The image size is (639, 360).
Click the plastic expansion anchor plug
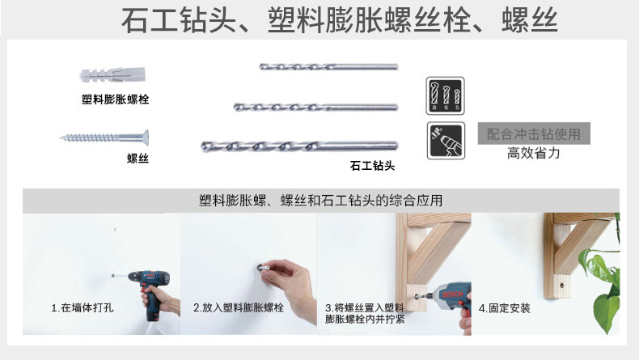pos(112,75)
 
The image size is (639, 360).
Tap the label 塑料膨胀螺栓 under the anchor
pos(116,99)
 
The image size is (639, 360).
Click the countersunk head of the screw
pos(145,138)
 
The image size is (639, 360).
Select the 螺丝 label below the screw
pos(138,159)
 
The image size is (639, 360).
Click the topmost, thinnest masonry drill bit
pos(328,66)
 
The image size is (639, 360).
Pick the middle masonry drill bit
pos(315,108)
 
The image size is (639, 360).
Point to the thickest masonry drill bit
pos(299,146)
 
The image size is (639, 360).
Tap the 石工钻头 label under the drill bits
pos(372,166)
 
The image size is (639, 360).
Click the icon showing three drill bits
pos(446,95)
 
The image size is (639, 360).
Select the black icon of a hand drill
pos(446,141)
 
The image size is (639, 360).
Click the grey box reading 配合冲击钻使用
pos(534,133)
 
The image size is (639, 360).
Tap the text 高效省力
pos(534,153)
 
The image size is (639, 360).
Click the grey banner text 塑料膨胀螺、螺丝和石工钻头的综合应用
pos(321,200)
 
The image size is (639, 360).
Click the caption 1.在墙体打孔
pos(83,307)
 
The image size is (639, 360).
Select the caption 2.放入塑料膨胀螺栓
pos(239,307)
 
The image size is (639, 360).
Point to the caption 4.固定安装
pos(505,308)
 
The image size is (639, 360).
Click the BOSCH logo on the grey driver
pos(452,294)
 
